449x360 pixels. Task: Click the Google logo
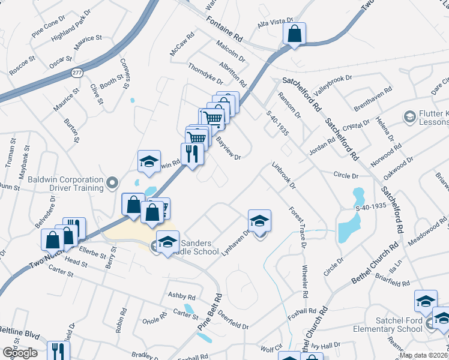[x=20, y=353]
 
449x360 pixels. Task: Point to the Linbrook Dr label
[x=284, y=175]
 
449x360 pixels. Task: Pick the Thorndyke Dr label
[x=205, y=74]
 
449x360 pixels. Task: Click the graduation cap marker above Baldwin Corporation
[x=149, y=161]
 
